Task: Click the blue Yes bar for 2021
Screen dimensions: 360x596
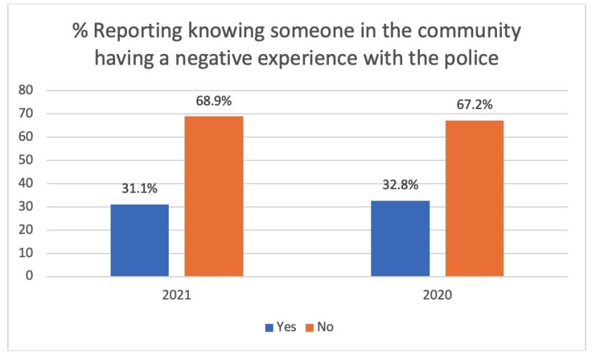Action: pyautogui.click(x=139, y=240)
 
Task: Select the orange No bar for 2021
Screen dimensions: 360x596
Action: pyautogui.click(x=214, y=196)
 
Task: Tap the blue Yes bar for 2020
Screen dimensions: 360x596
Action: pyautogui.click(x=400, y=238)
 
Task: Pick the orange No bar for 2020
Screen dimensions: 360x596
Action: pyautogui.click(x=475, y=198)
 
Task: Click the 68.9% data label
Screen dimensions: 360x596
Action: pyautogui.click(x=214, y=101)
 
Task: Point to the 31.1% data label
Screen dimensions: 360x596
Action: pyautogui.click(x=139, y=189)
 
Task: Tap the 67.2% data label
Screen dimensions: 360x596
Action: pyautogui.click(x=475, y=105)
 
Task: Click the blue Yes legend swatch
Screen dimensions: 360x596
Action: pyautogui.click(x=270, y=327)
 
